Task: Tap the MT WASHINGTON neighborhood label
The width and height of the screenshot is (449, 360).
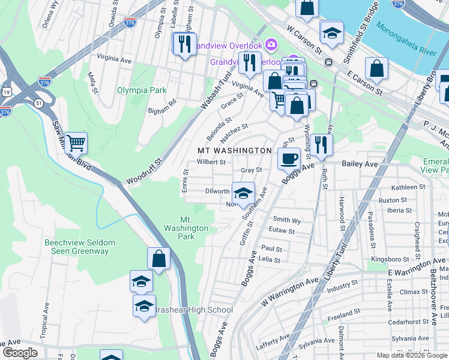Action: click(235, 150)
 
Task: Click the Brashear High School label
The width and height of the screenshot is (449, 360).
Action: click(193, 310)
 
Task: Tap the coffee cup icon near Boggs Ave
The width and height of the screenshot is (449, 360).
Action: click(289, 158)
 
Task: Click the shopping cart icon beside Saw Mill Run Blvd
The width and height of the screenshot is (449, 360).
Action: click(76, 143)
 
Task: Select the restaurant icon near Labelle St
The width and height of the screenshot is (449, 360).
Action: click(184, 43)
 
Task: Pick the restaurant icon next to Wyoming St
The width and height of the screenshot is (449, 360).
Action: click(322, 145)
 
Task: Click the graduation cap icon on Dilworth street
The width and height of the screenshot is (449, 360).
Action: click(243, 193)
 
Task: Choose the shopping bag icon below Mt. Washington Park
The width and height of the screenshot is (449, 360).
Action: click(159, 259)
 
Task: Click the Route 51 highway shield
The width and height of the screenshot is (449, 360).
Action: click(39, 103)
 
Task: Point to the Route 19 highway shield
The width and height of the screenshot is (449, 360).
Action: click(5, 91)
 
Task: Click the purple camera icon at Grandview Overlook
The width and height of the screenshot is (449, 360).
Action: click(271, 45)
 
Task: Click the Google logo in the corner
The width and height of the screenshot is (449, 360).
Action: click(20, 353)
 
